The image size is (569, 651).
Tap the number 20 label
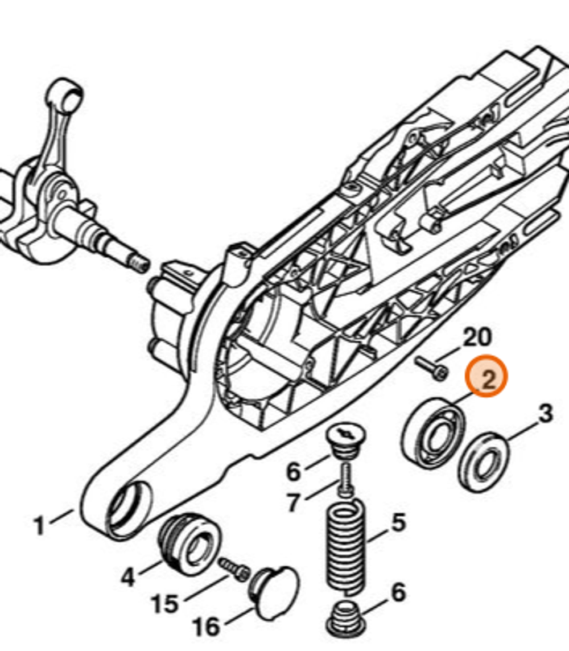point(476,337)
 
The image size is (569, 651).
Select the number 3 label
point(545,414)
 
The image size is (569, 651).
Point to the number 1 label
point(39,526)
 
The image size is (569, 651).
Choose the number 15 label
point(165,604)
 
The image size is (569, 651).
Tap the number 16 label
point(206,627)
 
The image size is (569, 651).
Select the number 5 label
point(398,522)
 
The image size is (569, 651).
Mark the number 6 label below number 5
point(398,592)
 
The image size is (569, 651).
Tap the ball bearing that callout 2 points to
point(432,431)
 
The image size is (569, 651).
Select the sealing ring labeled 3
point(484,461)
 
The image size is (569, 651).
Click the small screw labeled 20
point(431,367)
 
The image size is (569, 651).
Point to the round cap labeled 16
point(275,592)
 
